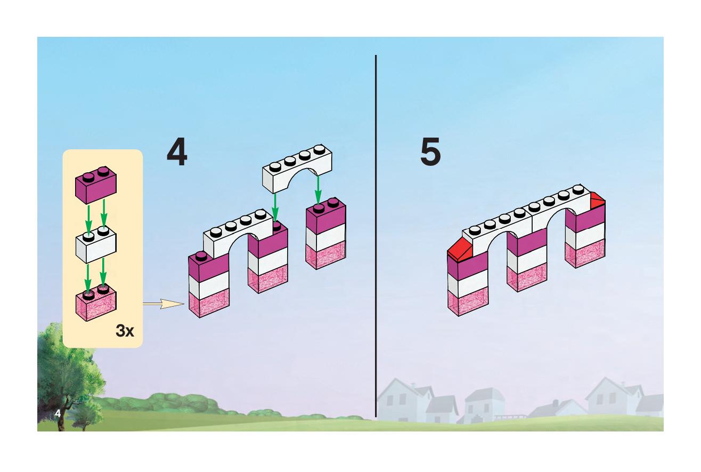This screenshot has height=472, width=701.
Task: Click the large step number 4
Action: pos(177,151)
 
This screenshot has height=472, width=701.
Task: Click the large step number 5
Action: pos(430,151)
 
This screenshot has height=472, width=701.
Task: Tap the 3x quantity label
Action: pos(125,331)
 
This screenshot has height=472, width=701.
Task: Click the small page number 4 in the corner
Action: pos(58,413)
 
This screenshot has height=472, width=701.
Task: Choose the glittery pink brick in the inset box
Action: pos(96,303)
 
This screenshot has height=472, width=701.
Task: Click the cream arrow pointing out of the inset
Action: pos(164,303)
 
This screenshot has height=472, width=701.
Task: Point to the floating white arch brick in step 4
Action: pos(297,169)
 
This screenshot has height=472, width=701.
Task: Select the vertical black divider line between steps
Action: pos(376,236)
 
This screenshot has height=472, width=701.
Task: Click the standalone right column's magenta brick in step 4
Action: pos(326,215)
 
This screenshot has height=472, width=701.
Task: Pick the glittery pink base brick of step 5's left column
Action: pos(468,301)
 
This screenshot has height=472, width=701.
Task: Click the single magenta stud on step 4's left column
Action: pos(201,257)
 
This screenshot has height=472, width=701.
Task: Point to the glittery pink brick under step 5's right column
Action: pos(585,253)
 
